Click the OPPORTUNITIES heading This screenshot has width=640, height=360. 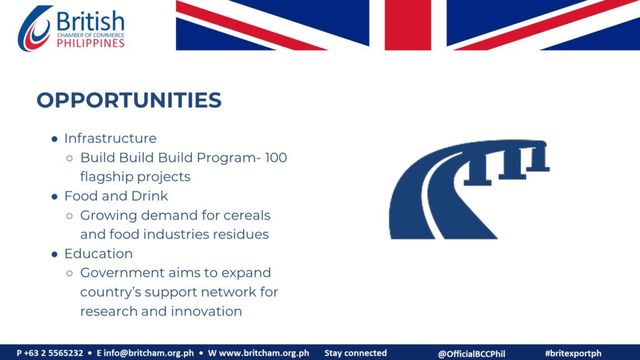pos(129,100)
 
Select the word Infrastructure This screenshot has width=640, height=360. pos(110,138)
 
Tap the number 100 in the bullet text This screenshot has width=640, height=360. pos(276,157)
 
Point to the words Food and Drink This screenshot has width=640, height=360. pos(116,196)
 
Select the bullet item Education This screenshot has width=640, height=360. pos(98,254)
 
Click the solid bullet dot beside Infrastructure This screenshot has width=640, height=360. pos(54,139)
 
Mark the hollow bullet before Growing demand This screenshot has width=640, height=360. pos(69,216)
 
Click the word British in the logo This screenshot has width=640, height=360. pos(90,21)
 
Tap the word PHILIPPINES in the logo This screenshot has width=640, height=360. pos(91,43)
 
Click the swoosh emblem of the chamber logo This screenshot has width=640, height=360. pos(34,29)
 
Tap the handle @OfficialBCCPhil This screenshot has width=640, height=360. pos(471,354)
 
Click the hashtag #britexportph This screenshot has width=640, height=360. pos(573,353)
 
